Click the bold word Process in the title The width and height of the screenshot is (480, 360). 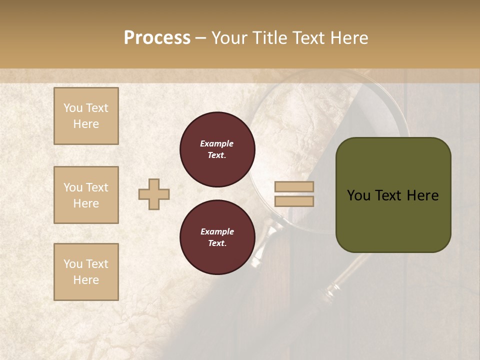point(157,38)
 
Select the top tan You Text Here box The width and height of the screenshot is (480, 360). point(86,116)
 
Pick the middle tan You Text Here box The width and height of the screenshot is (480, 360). point(86,195)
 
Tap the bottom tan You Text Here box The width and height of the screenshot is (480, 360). point(86,272)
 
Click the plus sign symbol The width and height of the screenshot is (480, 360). point(154,194)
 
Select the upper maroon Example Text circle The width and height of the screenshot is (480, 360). point(217,149)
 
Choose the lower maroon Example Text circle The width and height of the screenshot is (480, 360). point(217,237)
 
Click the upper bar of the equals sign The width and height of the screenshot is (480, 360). point(294,187)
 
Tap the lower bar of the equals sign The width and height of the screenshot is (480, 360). point(294,201)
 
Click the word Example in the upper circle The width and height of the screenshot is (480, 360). point(217,143)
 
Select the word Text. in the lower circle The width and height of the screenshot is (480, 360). point(217,243)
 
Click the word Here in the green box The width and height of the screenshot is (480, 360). point(422,195)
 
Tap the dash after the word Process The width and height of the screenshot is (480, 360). point(201,38)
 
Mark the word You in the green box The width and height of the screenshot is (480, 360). point(358,195)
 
